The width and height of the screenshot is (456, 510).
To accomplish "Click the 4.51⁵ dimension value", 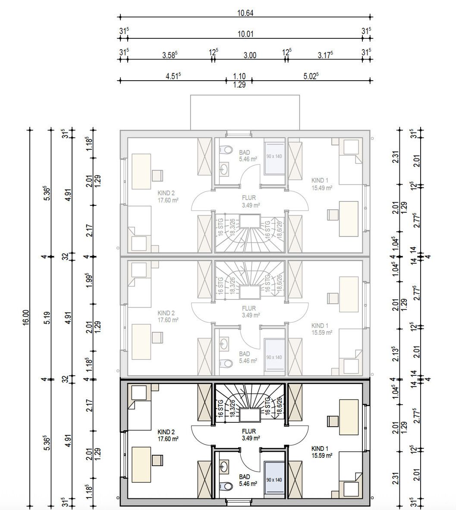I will click(173, 76).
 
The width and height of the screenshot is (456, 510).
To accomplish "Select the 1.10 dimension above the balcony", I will click(239, 76).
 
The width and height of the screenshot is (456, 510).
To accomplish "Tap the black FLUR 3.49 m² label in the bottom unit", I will click(249, 434).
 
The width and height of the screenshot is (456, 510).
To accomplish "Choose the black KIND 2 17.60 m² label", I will click(168, 435).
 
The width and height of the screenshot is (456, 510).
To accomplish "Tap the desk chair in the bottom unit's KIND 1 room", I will click(332, 421).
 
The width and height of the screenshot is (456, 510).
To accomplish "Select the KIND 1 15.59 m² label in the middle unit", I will click(322, 329).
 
